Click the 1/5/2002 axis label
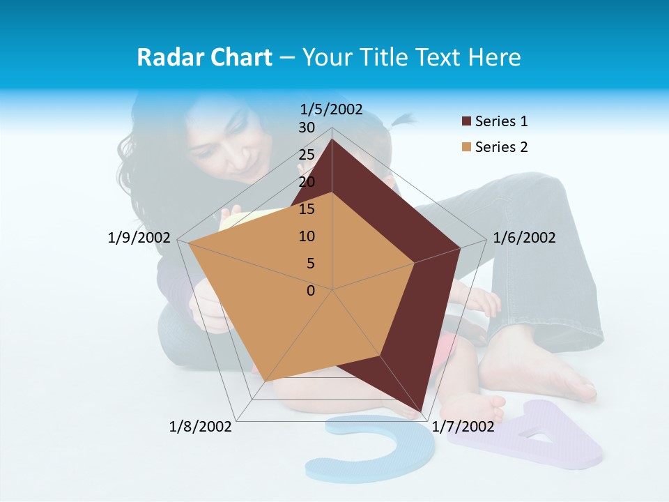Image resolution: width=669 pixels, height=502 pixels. coord(332,109)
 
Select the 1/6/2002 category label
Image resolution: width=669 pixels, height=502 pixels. coord(524,238)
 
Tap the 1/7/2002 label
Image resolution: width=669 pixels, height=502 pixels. coord(463,427)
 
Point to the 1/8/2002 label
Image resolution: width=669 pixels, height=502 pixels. coord(201,427)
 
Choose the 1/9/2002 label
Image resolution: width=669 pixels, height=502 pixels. coord(139,238)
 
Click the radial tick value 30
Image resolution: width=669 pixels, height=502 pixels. coord(307,128)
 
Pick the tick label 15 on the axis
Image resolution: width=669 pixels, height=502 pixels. coord(307,209)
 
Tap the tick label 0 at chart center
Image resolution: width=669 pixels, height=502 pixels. coord(311,291)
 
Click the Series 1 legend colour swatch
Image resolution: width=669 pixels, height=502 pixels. coord(466,122)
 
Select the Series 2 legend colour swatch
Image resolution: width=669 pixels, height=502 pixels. coord(466,147)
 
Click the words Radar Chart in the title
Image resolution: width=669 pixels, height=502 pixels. coord(204,57)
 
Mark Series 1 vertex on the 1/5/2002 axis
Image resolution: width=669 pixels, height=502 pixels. coord(332,139)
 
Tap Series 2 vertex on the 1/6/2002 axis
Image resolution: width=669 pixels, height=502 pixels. coord(415,263)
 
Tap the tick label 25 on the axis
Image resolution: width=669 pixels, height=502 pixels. coord(307,155)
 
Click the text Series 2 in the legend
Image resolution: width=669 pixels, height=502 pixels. coord(501,147)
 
